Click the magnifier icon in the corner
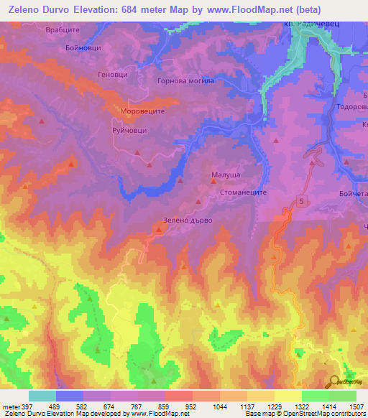(333, 381)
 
